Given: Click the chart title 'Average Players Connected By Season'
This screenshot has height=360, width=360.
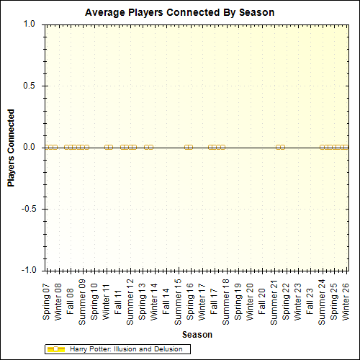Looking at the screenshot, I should click(180, 13).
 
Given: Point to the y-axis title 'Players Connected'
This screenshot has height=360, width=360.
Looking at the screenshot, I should click(12, 148).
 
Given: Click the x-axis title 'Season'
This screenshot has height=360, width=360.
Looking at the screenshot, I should click(196, 335).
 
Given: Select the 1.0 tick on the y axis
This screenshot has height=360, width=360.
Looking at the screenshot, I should click(30, 24).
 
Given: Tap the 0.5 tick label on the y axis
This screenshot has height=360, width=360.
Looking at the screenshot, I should click(30, 86).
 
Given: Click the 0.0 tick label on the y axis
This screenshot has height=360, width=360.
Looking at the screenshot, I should click(30, 148).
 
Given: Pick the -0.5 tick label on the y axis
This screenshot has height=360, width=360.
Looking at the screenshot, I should click(28, 209).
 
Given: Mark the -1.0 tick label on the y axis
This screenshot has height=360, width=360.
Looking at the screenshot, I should click(28, 271).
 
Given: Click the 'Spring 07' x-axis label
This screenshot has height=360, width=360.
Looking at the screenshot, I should click(47, 302).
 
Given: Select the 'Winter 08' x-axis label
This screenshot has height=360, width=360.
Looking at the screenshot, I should click(58, 302).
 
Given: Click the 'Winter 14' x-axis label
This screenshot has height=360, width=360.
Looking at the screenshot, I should click(154, 302).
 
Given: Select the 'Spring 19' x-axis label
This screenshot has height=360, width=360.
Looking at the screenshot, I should click(238, 302).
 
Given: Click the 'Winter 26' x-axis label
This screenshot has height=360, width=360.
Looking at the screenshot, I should click(346, 302).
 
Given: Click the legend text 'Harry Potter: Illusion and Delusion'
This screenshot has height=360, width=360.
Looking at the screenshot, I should click(129, 349).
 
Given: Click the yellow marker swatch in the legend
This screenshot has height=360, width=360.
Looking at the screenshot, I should click(56, 349).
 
